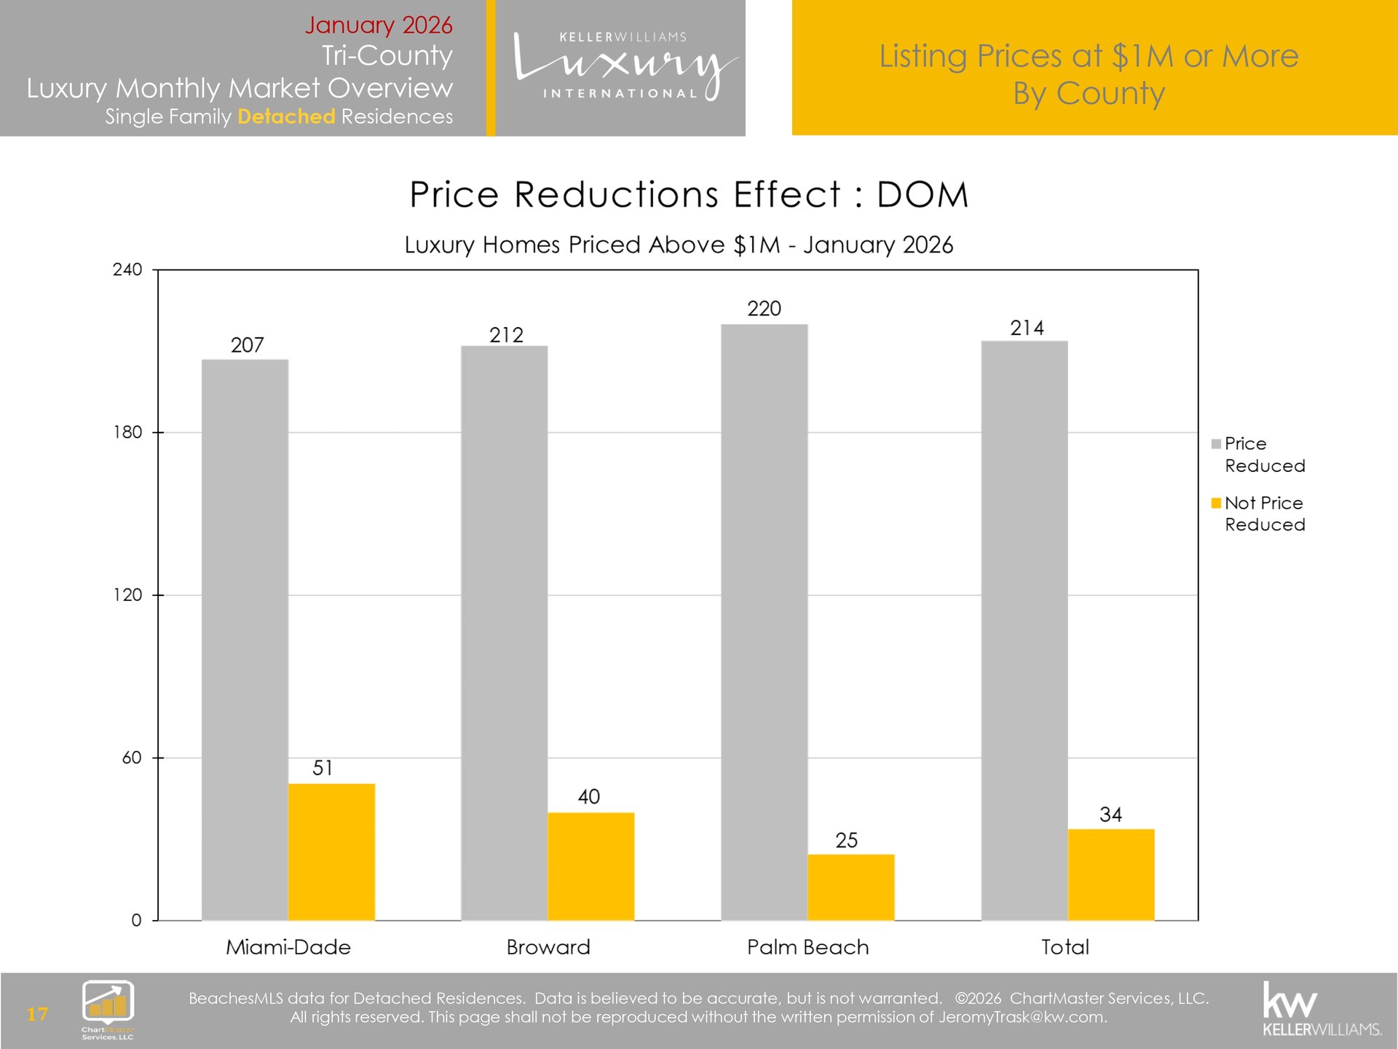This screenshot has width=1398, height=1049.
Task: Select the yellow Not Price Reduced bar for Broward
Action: (591, 866)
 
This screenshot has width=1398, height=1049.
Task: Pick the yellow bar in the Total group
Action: (1110, 874)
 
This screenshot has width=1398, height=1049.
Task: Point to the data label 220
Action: (764, 309)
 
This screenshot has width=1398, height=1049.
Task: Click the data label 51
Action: (323, 768)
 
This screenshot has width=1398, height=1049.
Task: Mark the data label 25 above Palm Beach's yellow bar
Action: (846, 841)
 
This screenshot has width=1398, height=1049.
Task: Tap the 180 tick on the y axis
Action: (127, 433)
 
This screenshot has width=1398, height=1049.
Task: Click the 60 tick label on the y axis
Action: (131, 758)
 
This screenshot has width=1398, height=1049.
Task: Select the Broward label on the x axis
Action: (548, 947)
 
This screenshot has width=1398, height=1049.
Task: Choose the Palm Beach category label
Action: (807, 947)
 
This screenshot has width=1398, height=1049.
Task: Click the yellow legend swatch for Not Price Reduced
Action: (1216, 503)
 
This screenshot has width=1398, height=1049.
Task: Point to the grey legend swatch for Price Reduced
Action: (1216, 444)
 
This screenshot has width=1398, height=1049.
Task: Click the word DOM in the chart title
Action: (922, 195)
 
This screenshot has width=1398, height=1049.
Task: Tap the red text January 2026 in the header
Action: (378, 25)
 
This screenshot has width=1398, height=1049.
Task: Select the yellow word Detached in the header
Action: (286, 117)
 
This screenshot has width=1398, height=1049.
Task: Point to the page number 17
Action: (37, 1014)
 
